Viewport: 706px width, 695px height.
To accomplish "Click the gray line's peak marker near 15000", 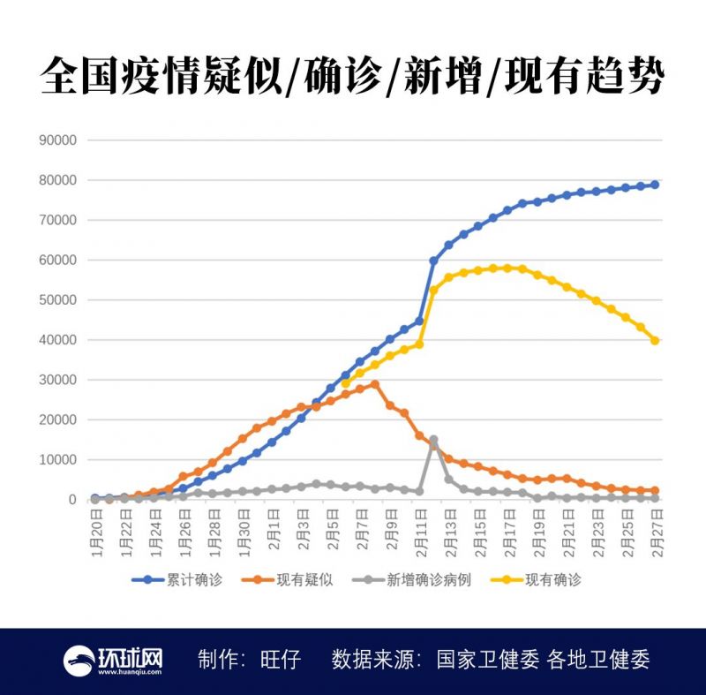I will tap(433, 440).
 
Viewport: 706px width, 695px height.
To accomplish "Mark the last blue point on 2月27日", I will tap(655, 185).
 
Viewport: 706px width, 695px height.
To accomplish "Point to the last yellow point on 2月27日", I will tap(655, 340).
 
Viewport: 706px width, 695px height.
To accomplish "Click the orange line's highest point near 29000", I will tap(375, 384).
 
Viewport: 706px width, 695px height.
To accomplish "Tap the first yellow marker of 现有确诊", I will tap(345, 383).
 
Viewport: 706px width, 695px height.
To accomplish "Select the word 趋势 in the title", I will tap(628, 77).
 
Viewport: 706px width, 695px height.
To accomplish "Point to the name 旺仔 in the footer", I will tap(282, 660).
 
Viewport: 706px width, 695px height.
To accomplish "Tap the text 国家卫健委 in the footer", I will tap(487, 660).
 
